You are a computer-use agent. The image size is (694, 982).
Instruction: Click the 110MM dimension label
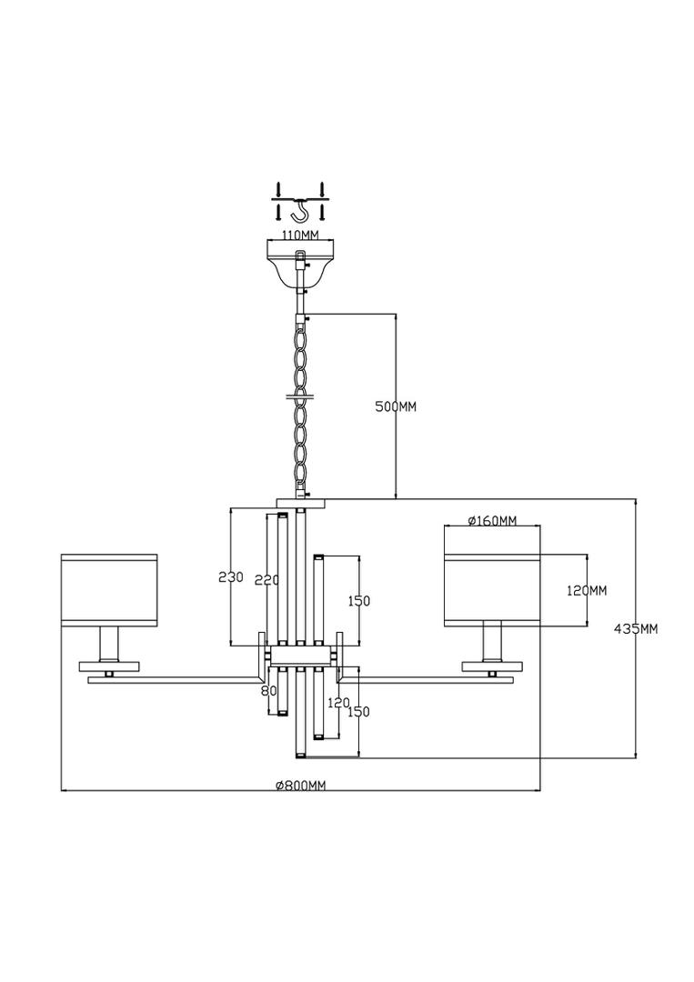coord(300,235)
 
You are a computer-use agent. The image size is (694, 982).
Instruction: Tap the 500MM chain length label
coord(396,406)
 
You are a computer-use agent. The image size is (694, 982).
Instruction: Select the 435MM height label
coord(637,629)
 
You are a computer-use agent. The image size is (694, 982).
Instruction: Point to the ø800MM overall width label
coord(301,786)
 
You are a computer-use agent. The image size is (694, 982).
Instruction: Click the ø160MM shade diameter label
coord(493,520)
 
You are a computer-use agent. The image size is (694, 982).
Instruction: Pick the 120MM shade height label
coord(587,590)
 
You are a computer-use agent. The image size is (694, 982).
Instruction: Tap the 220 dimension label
coord(267,580)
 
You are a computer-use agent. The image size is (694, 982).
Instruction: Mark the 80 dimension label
coord(268,691)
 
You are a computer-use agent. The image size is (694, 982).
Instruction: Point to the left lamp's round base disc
coord(109,666)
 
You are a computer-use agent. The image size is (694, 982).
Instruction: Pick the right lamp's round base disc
coord(492,666)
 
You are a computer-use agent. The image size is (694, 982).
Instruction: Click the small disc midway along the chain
coord(301,396)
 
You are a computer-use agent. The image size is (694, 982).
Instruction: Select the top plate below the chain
coord(301,503)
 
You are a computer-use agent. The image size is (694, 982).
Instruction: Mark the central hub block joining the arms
coord(301,656)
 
